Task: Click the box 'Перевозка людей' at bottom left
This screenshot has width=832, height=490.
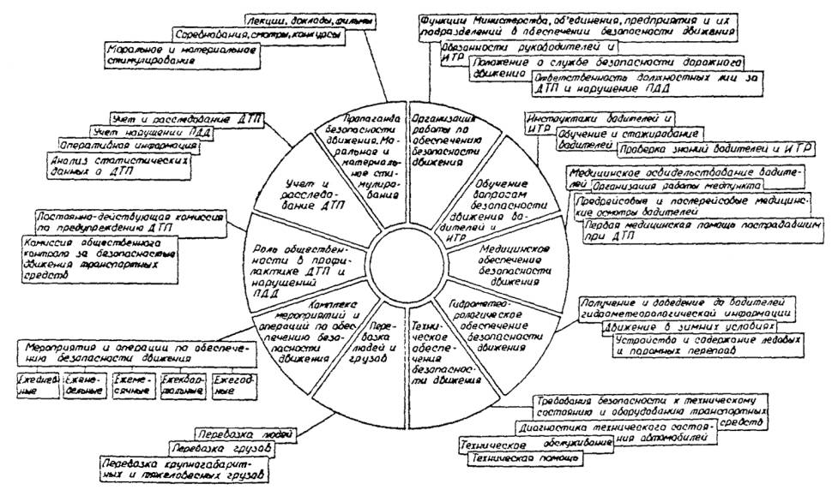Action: [235, 433]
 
